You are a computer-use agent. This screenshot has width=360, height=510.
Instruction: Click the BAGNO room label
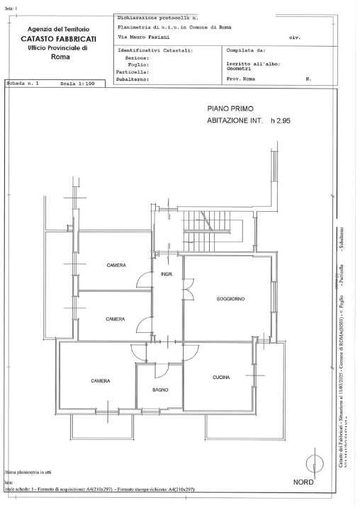tap(160, 390)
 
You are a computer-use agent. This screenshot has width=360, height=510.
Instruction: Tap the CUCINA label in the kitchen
tap(220, 378)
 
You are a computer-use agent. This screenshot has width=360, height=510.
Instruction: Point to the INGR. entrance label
tap(167, 273)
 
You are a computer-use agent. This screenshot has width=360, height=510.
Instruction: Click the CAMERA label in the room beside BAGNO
tap(100, 381)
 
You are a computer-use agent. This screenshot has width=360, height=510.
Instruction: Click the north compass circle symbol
tap(315, 465)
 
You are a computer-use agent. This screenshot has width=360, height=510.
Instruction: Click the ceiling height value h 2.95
tap(281, 121)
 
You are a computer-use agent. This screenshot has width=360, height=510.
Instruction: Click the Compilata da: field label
tap(245, 51)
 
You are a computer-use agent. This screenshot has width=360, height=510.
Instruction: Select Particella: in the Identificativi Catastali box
tap(133, 72)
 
